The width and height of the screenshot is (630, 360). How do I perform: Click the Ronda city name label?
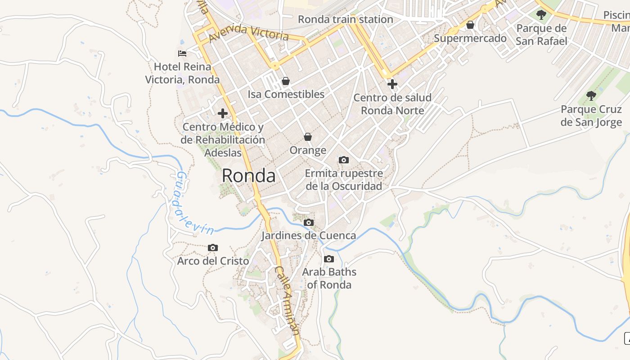248,175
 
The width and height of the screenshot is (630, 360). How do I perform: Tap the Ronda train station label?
346,19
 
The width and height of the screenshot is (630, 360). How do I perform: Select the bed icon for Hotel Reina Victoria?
182,54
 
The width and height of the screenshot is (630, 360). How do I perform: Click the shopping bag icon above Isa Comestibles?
285,81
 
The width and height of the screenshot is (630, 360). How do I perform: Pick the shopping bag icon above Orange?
308,137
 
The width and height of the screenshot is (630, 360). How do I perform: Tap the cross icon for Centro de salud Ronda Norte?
392,84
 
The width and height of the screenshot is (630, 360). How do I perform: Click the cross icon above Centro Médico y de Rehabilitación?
222,113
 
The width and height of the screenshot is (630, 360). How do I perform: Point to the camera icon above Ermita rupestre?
343,160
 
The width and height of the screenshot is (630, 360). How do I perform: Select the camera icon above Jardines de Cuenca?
308,222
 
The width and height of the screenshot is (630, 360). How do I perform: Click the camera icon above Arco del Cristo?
213,248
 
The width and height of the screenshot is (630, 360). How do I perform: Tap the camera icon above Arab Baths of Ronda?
329,259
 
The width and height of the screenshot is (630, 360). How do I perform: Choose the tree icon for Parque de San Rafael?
541,15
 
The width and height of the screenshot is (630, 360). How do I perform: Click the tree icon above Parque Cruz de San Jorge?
591,96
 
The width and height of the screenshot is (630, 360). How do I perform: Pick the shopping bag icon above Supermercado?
470,25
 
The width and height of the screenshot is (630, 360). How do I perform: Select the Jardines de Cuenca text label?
309,235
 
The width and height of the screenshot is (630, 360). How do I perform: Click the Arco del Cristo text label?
213,261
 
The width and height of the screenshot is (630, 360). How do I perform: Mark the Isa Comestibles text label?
286,94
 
